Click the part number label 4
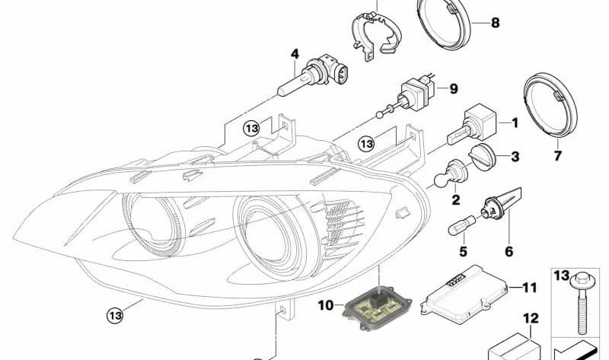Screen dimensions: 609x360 295,54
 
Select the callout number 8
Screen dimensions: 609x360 496,23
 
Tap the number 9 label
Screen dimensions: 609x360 454,89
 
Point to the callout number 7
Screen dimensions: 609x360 558,156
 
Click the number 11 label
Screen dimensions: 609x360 529,288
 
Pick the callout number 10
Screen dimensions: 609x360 326,306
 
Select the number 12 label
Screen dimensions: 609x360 531,318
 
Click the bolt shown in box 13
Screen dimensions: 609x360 580,304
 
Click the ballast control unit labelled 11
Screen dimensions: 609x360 464,294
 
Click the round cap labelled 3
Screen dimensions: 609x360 483,156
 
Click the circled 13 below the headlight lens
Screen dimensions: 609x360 116,314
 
